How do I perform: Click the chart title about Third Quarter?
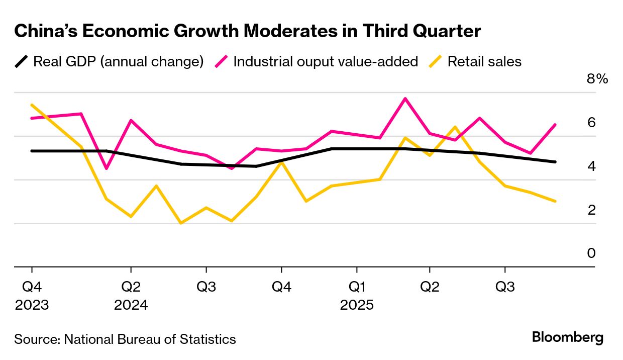tap(248, 31)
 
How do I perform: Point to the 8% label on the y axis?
tap(597, 79)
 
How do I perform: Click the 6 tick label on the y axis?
tap(591, 122)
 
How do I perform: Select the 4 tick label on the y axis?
tap(591, 166)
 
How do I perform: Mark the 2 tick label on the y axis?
tap(591, 210)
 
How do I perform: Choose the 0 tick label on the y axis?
tap(591, 253)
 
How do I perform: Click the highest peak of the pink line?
tap(405, 99)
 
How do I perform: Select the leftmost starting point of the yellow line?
tap(32, 105)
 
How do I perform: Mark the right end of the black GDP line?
tap(555, 162)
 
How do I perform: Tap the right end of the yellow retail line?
tap(555, 201)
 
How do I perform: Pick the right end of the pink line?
tap(555, 125)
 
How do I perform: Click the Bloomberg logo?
tap(568, 337)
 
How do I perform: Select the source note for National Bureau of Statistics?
tap(125, 339)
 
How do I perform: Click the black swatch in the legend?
tap(22, 62)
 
